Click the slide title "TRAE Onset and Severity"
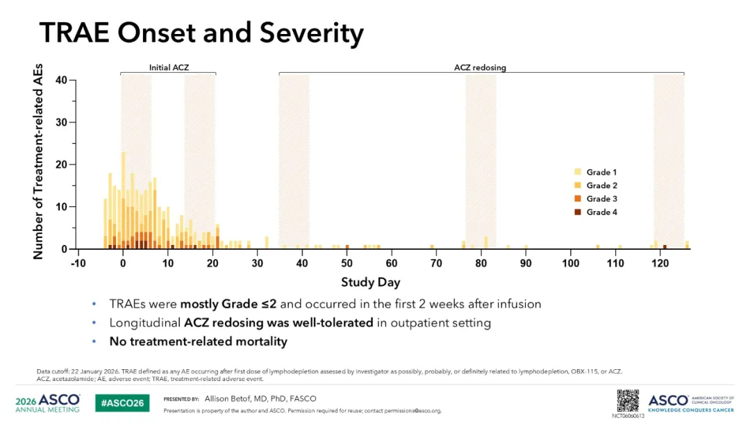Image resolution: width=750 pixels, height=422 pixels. click(x=201, y=33)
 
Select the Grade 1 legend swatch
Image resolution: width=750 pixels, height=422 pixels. click(x=578, y=172)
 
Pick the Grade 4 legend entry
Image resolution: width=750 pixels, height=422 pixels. click(x=596, y=212)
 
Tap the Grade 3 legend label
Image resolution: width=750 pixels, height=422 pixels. click(x=601, y=199)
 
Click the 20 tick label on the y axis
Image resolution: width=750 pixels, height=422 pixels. click(x=61, y=164)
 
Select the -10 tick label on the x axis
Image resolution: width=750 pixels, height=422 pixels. click(x=78, y=263)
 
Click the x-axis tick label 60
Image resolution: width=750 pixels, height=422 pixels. click(x=391, y=263)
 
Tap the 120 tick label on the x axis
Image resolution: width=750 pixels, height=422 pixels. click(x=660, y=263)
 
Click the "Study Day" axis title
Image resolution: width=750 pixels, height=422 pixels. click(x=371, y=282)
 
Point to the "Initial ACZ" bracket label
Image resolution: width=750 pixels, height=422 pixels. click(x=169, y=67)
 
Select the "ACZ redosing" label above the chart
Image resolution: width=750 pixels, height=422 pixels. click(x=481, y=67)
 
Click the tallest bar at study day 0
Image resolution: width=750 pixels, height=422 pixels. click(x=124, y=201)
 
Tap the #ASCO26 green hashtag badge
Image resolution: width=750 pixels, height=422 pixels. click(x=122, y=403)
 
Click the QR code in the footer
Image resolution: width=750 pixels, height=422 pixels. click(x=628, y=401)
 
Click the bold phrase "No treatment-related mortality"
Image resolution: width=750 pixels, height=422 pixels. click(x=199, y=341)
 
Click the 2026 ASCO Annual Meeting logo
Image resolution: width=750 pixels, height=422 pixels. click(x=48, y=403)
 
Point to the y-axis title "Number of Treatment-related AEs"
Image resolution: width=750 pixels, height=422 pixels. click(x=37, y=162)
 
